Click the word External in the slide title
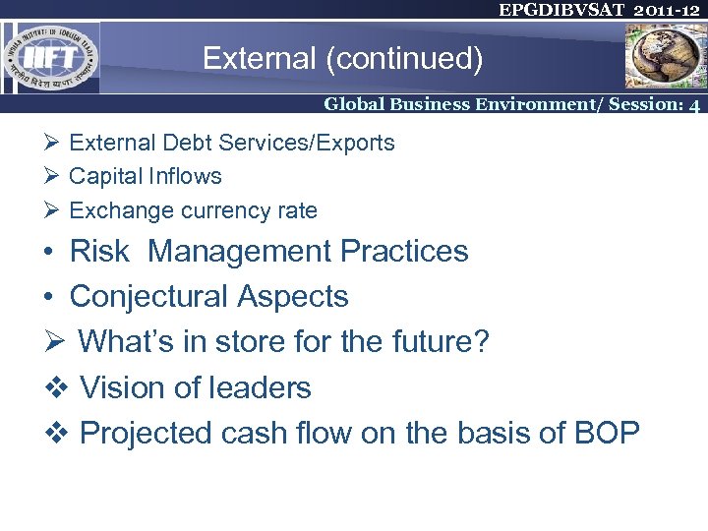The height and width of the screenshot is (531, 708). pos(259,60)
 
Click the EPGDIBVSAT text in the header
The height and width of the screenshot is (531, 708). pos(553,10)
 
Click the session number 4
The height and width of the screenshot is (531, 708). pos(694,104)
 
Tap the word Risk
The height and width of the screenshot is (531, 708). pos(99,252)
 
